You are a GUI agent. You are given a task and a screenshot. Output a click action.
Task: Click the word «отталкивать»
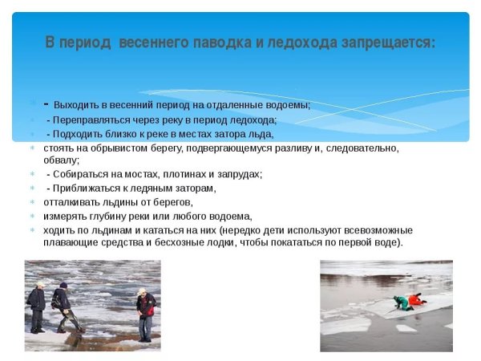point(73,202)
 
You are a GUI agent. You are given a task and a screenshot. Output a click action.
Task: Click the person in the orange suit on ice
point(414,299)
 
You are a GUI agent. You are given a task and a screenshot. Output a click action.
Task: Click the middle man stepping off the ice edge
point(63,306)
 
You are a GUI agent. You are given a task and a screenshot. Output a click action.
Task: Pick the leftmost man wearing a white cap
point(37,306)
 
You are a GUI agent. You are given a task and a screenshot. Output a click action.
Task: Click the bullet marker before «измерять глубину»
point(33,217)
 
